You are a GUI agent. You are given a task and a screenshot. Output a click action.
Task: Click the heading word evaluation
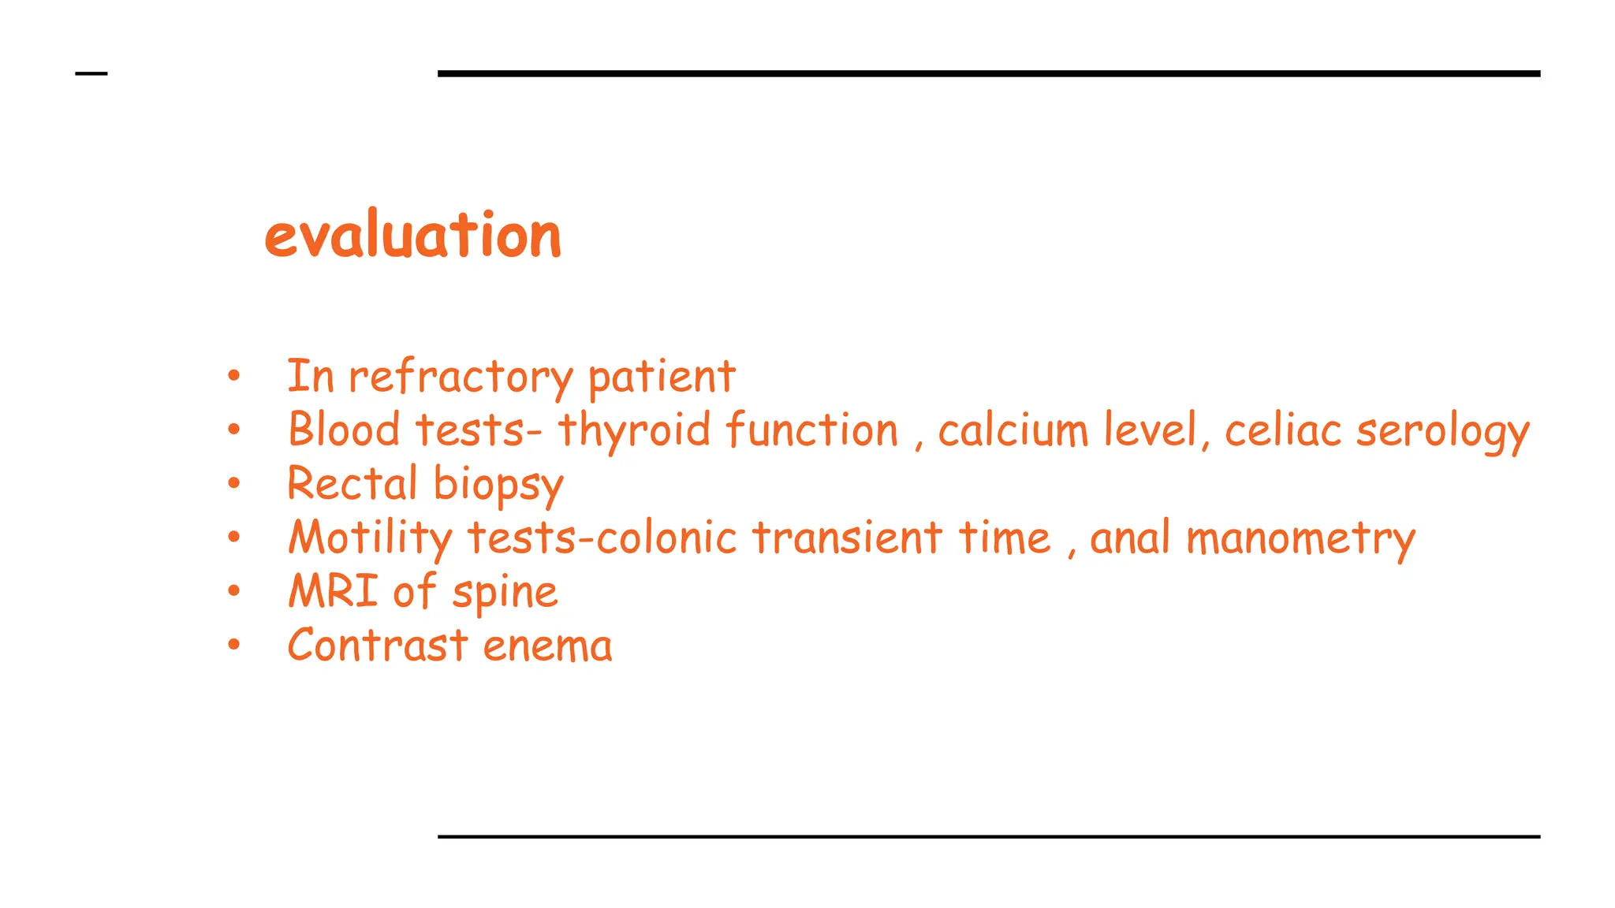pyautogui.click(x=412, y=236)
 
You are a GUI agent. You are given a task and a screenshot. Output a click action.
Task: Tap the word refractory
pyautogui.click(x=461, y=377)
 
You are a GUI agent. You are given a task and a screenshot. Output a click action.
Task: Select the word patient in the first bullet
pyautogui.click(x=661, y=377)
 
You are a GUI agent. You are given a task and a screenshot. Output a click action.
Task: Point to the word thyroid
pyautogui.click(x=634, y=431)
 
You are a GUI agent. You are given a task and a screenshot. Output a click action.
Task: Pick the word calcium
pyautogui.click(x=1013, y=430)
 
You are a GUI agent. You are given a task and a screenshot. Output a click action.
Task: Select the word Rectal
pyautogui.click(x=352, y=484)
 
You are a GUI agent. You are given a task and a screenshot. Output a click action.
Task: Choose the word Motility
pyautogui.click(x=370, y=538)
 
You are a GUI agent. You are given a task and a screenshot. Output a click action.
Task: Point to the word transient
pyautogui.click(x=847, y=538)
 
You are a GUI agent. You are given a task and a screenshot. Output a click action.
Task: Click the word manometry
pyautogui.click(x=1300, y=539)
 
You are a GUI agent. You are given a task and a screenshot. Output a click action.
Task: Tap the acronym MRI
pyautogui.click(x=334, y=591)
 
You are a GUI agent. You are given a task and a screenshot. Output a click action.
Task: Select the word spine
pyautogui.click(x=505, y=593)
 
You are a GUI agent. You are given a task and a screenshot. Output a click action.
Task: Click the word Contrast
pyautogui.click(x=378, y=646)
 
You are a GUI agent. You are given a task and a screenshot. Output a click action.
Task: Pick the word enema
pyautogui.click(x=547, y=646)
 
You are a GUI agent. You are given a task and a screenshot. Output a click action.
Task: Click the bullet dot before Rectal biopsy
pyautogui.click(x=233, y=484)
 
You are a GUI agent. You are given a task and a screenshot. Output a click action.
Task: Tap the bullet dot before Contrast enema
pyautogui.click(x=233, y=646)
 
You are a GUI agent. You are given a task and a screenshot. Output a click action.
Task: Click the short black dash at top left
pyautogui.click(x=91, y=74)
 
